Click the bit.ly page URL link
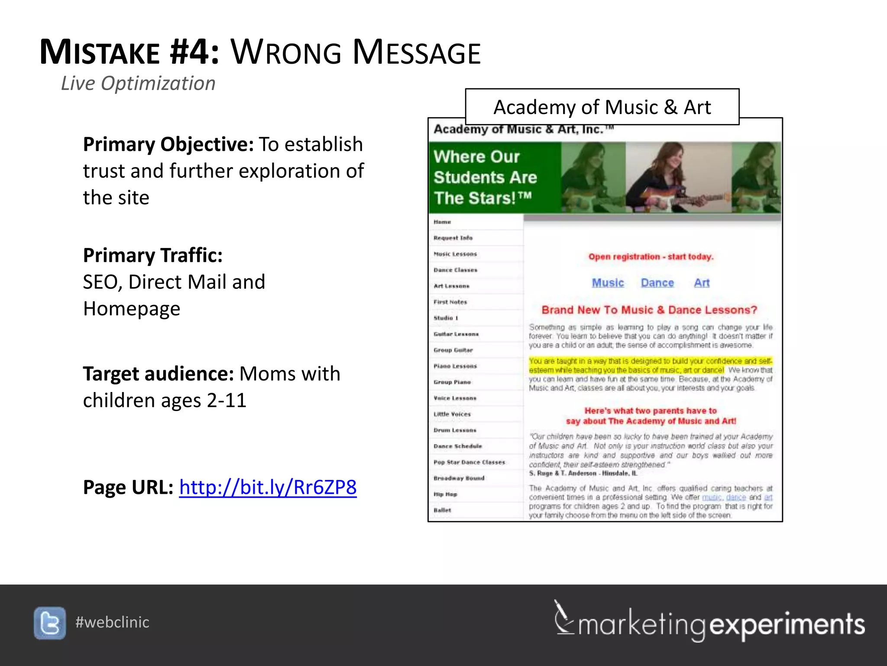tap(268, 487)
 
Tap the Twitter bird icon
tap(50, 623)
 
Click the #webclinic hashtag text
tap(112, 622)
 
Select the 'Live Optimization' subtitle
tap(138, 83)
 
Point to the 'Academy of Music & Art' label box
tap(602, 107)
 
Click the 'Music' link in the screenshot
tap(608, 283)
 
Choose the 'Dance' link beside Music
tap(657, 283)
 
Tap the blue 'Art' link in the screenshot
tap(702, 283)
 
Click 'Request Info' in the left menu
tap(453, 238)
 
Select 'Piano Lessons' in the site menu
tap(455, 366)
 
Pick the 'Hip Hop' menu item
tap(445, 494)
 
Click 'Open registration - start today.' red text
tap(651, 257)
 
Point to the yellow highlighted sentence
tap(650, 366)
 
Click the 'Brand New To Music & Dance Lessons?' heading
tap(649, 310)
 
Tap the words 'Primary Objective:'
tap(168, 144)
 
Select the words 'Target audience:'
tap(158, 374)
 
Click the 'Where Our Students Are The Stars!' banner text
tap(485, 177)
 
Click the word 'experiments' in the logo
tap(787, 624)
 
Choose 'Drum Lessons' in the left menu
tap(455, 430)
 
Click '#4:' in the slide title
tap(194, 52)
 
